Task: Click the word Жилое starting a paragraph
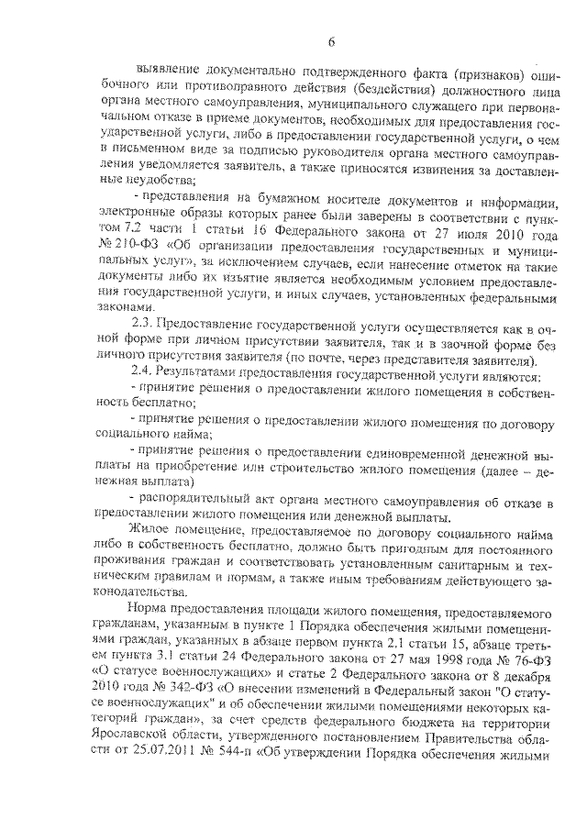click(150, 532)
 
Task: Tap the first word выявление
click(170, 72)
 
